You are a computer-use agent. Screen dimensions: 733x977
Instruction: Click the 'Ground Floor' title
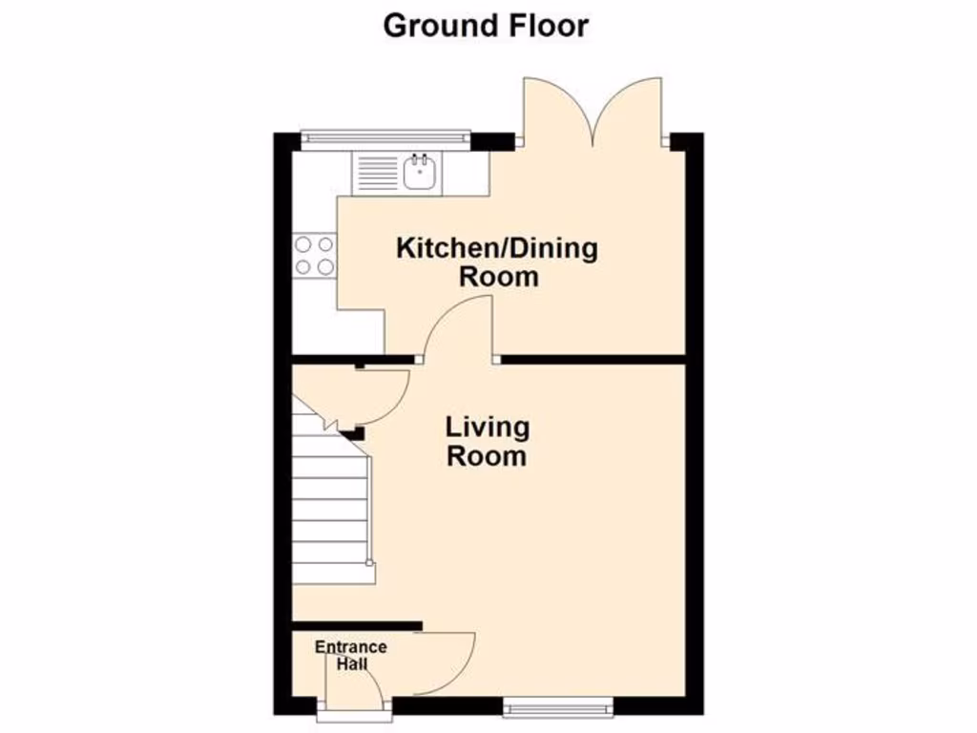click(486, 26)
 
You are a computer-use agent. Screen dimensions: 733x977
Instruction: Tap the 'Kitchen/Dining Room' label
click(497, 263)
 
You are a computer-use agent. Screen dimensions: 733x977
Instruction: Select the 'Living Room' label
click(487, 441)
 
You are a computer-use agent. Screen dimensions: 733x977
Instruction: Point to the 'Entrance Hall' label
click(351, 656)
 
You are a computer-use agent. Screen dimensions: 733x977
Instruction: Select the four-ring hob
click(314, 255)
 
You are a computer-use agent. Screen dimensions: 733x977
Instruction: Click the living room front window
click(558, 706)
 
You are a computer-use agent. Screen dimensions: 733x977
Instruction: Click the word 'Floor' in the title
click(546, 26)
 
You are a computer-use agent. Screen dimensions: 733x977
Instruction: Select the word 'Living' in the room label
click(487, 427)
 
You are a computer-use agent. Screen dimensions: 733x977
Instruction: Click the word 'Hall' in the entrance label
click(351, 664)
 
